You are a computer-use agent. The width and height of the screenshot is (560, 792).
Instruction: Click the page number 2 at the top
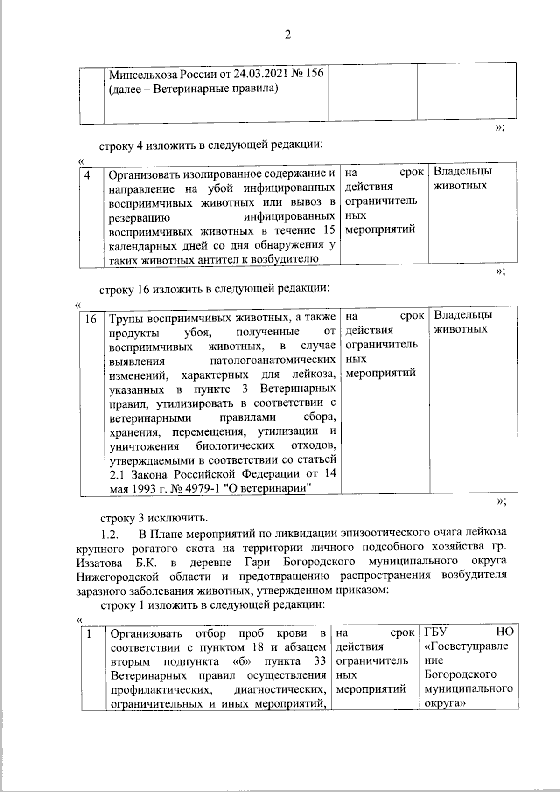[287, 35]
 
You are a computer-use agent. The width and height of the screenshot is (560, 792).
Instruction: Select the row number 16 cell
[91, 319]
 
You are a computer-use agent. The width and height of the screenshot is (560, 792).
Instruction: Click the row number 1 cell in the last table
[88, 633]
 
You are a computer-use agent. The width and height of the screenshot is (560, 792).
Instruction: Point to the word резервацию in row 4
[139, 217]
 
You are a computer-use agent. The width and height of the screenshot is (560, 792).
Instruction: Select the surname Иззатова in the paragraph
[100, 561]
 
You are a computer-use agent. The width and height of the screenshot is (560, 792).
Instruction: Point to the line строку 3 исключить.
[154, 518]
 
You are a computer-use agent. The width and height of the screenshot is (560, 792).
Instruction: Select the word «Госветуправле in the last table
[467, 646]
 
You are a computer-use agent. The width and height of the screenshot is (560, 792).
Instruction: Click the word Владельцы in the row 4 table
[462, 171]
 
